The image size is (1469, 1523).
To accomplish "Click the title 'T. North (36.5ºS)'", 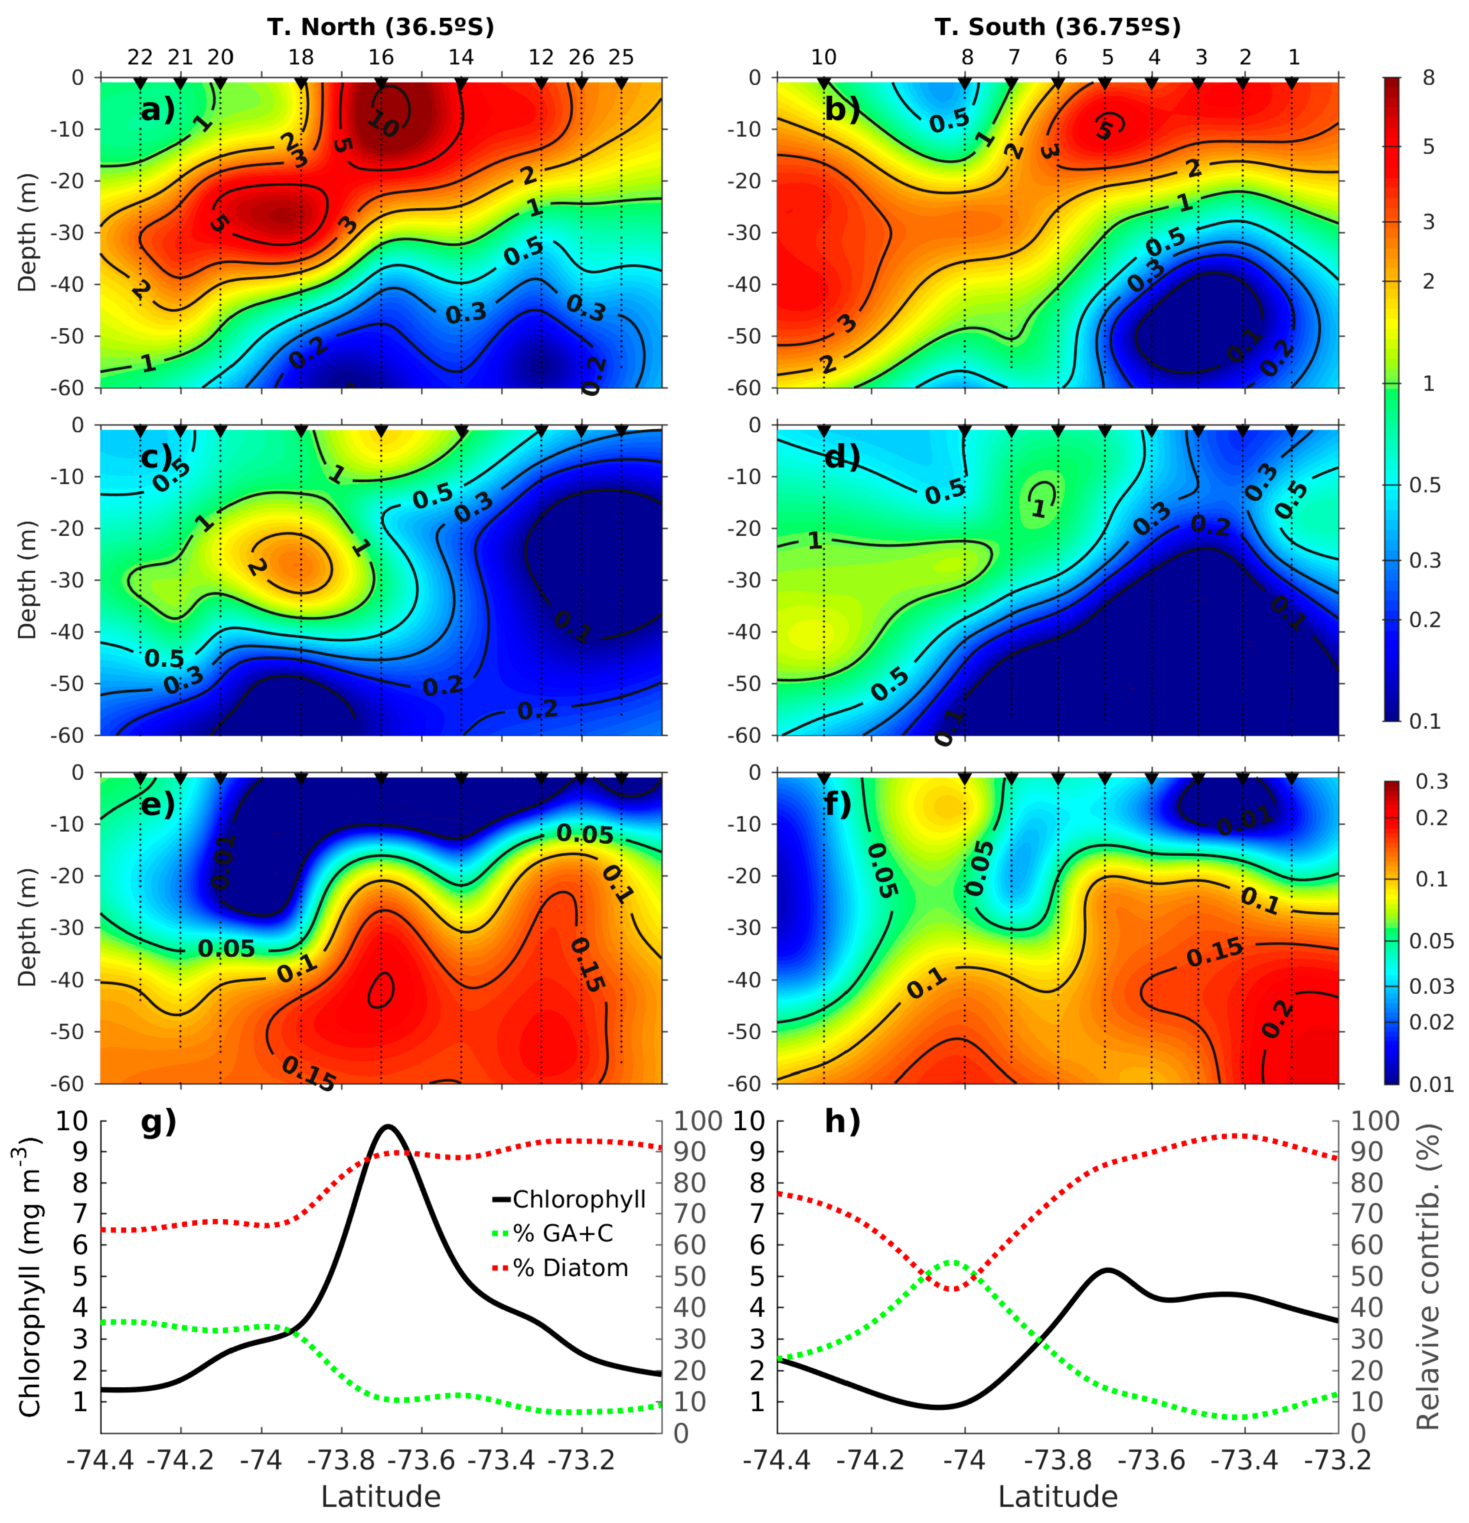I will (381, 27).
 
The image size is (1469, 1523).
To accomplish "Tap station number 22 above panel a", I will (140, 58).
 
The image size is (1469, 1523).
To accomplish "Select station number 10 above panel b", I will (824, 58).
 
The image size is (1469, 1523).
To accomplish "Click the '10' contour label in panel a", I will (382, 123).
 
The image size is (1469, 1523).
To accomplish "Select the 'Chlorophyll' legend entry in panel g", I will (579, 1200).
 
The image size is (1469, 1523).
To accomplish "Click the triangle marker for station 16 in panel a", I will (381, 83).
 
